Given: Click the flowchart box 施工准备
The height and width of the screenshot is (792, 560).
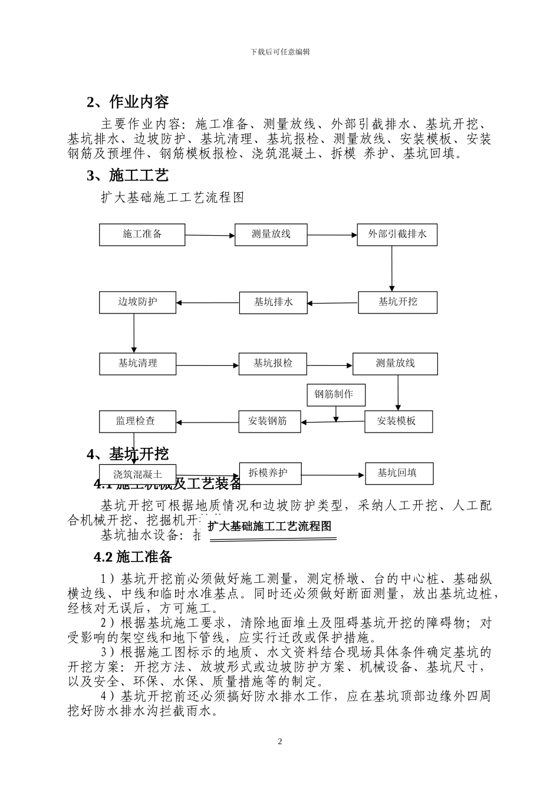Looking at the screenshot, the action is [142, 234].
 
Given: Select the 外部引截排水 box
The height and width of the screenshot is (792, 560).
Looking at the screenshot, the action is [397, 234].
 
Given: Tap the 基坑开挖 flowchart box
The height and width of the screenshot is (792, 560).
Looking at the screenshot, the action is [397, 302].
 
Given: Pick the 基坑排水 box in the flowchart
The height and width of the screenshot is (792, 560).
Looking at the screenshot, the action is [273, 302].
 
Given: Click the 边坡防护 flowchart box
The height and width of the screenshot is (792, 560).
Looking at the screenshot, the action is [137, 302].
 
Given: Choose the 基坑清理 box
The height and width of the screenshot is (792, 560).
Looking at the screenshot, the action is [137, 363].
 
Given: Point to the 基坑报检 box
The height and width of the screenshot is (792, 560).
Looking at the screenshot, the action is [272, 363].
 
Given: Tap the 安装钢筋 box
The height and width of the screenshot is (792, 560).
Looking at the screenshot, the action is [268, 421].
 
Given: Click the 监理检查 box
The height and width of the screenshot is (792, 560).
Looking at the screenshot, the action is [136, 421].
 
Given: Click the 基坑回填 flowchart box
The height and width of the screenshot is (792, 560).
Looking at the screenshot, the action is [398, 473].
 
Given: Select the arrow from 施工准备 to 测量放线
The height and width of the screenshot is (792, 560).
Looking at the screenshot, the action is [210, 235].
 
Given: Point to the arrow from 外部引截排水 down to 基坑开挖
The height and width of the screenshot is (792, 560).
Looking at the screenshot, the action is [392, 268].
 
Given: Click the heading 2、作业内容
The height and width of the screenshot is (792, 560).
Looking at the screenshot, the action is [127, 102].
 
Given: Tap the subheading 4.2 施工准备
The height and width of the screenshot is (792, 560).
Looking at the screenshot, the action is [133, 557].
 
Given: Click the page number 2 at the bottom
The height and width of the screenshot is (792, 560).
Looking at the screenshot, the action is [280, 741].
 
